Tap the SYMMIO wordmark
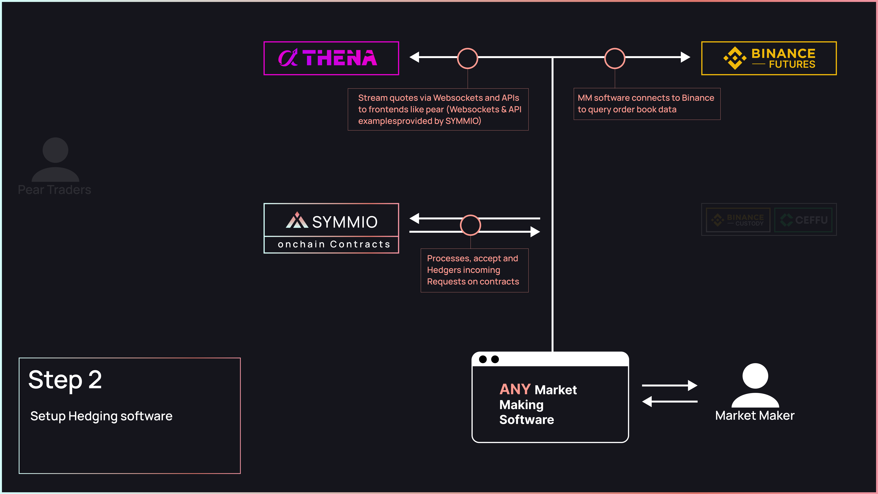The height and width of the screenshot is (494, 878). (345, 222)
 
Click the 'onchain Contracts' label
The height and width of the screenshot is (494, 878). (334, 244)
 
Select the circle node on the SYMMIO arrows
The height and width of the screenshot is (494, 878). (470, 225)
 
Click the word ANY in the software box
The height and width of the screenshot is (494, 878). (515, 389)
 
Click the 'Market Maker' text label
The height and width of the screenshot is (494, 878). (755, 416)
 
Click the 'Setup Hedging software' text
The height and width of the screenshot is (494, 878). (101, 416)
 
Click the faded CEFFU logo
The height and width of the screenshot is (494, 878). (803, 220)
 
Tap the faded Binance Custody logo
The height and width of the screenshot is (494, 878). (738, 220)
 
